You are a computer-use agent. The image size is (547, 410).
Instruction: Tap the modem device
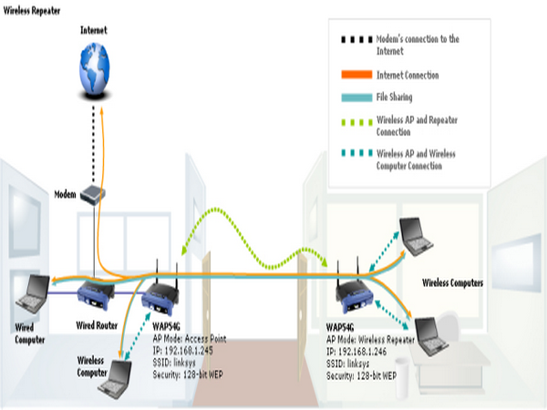[94, 194]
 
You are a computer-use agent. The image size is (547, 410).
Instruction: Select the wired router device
[93, 294]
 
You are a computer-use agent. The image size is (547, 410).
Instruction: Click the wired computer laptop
[31, 292]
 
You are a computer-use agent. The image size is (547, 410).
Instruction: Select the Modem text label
[65, 194]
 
